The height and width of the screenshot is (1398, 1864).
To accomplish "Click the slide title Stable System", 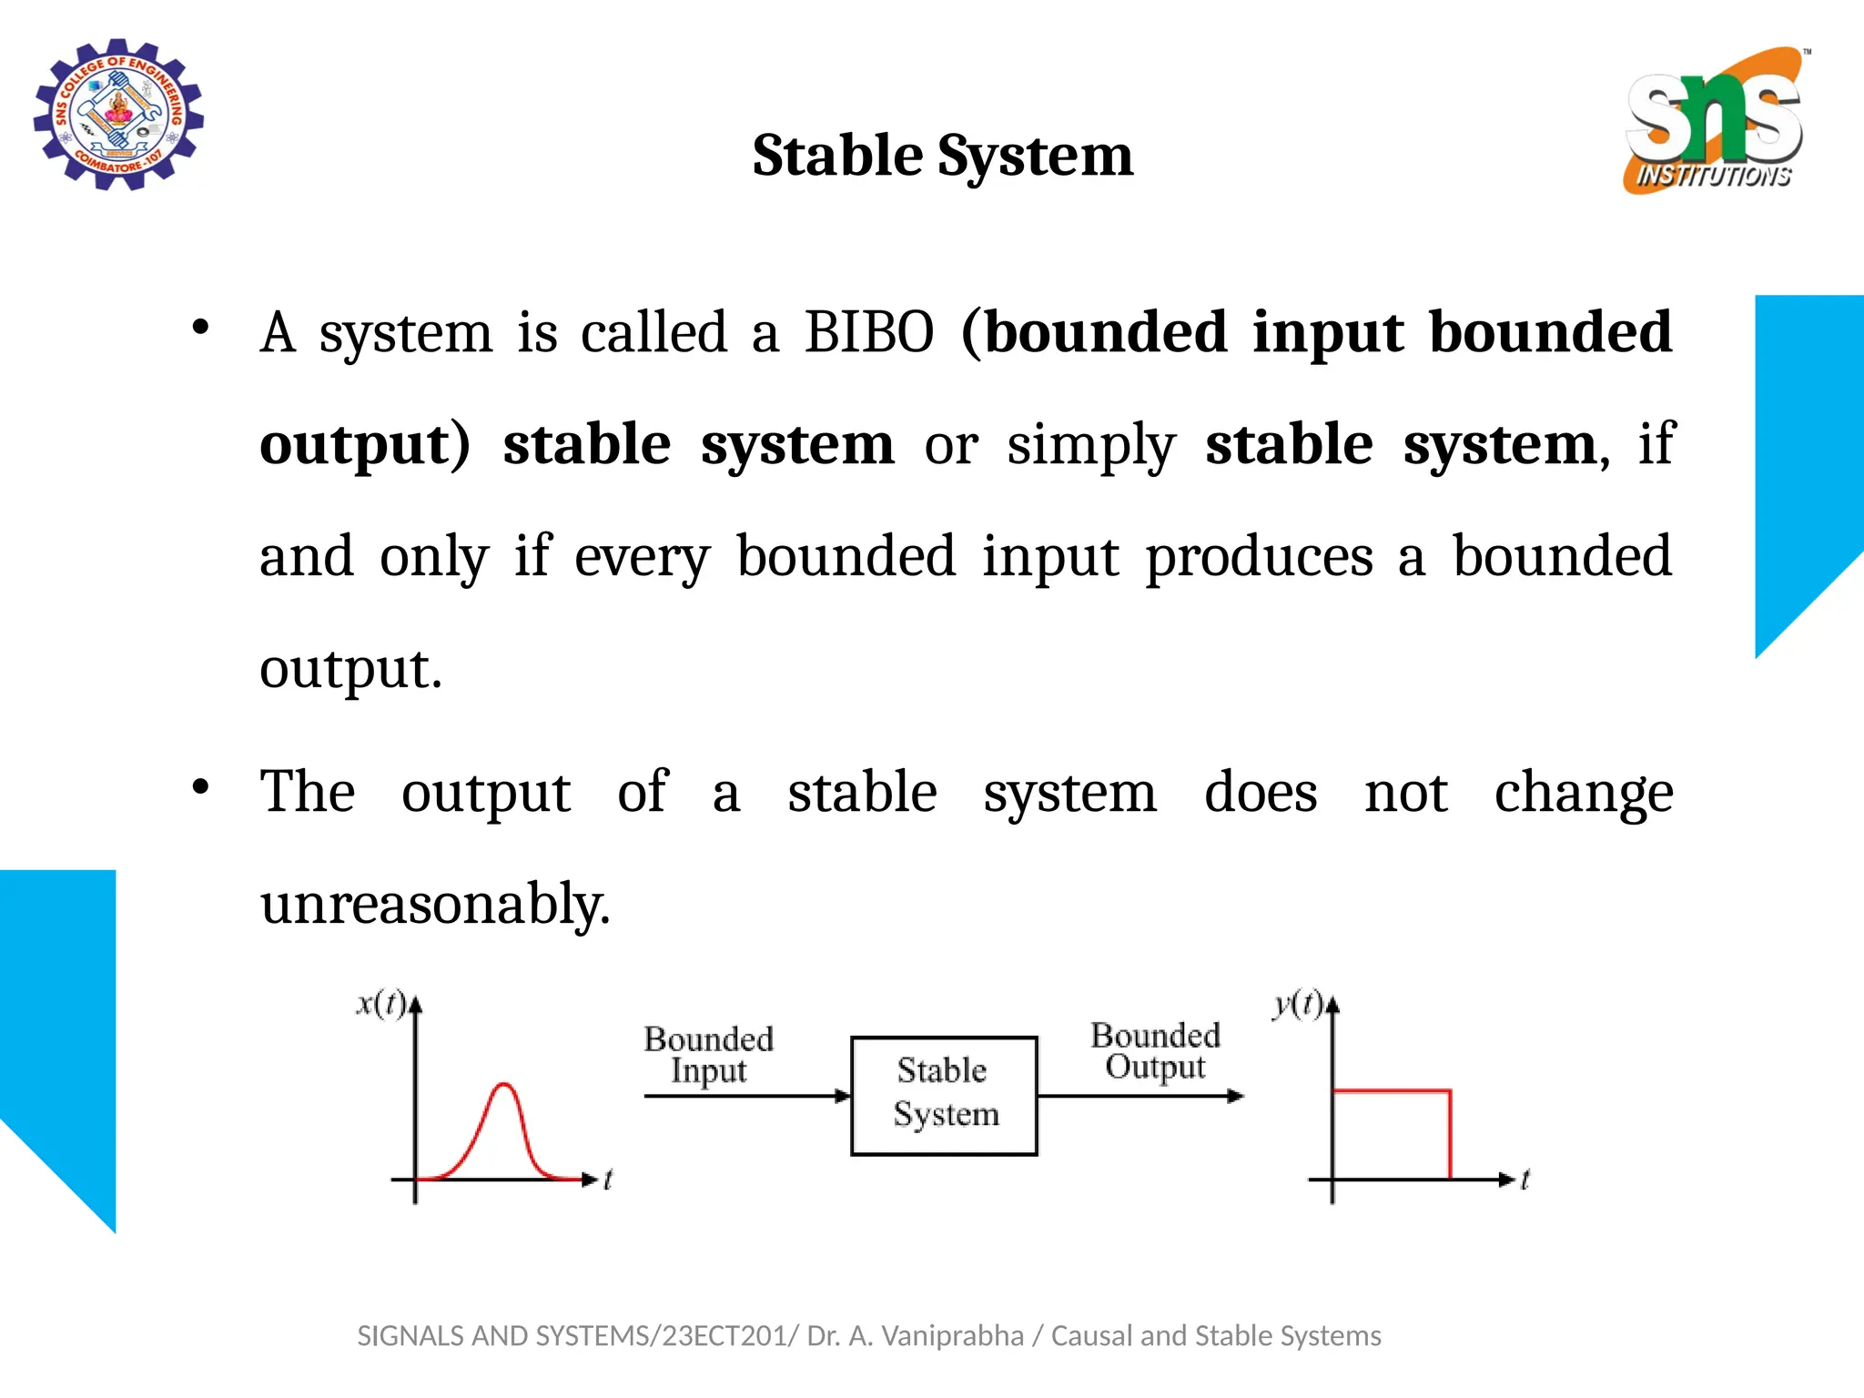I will (942, 156).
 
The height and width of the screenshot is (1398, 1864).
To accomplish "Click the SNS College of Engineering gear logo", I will (118, 115).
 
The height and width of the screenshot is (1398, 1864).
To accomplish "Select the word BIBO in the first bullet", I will (868, 332).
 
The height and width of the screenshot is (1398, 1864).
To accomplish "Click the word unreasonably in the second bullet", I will (434, 904).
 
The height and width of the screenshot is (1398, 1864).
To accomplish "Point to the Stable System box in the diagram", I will (944, 1095).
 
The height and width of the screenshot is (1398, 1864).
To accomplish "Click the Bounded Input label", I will (708, 1054).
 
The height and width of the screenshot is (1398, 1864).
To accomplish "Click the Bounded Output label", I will (1155, 1050).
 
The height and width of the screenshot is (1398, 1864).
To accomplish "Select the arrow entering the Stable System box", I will (746, 1096).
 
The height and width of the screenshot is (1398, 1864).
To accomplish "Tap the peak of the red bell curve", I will (503, 1085).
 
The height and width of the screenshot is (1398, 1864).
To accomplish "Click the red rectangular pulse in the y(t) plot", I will (1392, 1090).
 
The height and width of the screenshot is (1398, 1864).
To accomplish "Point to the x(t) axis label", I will (380, 1003).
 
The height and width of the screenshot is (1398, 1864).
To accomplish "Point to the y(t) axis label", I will (1297, 1003).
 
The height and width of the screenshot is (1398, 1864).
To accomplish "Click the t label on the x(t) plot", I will (608, 1180).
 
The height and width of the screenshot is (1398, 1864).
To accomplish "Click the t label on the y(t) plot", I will (1525, 1180).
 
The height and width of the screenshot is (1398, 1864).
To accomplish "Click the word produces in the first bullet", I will (1259, 557).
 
